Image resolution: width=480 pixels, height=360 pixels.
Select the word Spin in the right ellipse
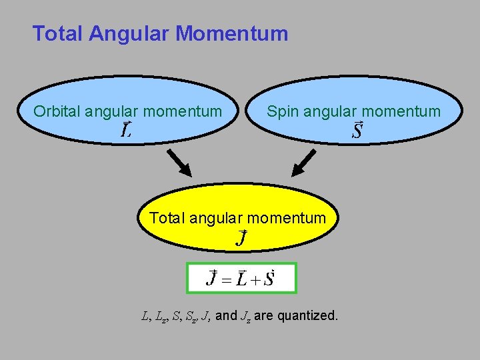click(x=283, y=111)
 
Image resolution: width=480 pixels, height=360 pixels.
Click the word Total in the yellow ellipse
click(x=167, y=218)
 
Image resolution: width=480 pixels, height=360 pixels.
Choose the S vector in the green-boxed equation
click(x=269, y=278)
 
